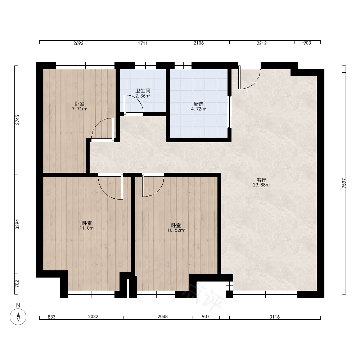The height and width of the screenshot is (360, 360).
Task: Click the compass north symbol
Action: point(18,316)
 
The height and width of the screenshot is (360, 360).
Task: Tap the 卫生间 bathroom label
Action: point(143,91)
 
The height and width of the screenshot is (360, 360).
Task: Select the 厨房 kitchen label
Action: point(199,104)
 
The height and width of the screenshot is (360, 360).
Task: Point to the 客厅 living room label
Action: point(261,180)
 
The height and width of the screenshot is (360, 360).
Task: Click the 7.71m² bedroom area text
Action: point(80,109)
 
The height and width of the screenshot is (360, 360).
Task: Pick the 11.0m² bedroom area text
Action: point(87,228)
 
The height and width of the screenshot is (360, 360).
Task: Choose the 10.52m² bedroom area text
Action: point(176,230)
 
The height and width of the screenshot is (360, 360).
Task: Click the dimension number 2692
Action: point(78,43)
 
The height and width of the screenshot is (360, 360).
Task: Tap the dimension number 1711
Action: point(143,43)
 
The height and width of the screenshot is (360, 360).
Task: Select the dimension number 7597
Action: point(344,183)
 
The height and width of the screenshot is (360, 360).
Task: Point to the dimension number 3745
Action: point(17,120)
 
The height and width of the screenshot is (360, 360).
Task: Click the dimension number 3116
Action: point(275,317)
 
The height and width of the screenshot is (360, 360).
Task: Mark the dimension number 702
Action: point(17,284)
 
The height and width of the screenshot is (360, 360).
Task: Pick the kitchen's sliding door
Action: point(229,112)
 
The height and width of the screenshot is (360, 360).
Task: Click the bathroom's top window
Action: point(145,66)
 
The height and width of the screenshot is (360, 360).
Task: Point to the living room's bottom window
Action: point(265,294)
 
